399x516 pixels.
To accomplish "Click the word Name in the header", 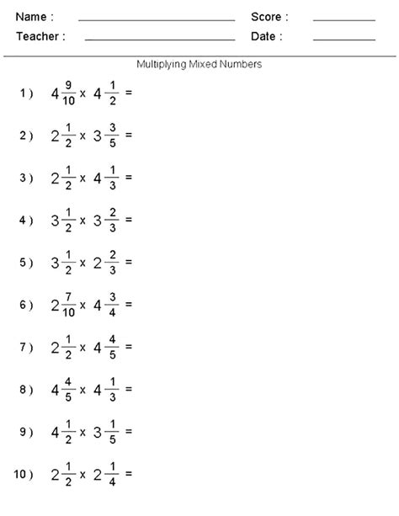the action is (x=30, y=17).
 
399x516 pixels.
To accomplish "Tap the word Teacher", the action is (x=36, y=36).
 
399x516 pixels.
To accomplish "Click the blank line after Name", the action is (x=157, y=19).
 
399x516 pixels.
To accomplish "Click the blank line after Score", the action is (x=343, y=19).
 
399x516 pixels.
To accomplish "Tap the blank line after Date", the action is (x=343, y=39).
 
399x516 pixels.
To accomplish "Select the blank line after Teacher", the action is (x=160, y=39).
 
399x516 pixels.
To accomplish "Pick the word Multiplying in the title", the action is (x=162, y=64).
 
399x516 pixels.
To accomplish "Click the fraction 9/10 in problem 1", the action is (x=67, y=93).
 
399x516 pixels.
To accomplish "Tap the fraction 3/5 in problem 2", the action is (x=113, y=135).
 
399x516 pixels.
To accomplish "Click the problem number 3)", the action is (x=26, y=178).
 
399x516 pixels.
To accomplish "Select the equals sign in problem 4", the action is (x=129, y=220).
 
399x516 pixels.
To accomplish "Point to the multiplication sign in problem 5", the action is (x=82, y=263).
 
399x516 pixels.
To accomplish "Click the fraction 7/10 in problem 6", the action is (x=67, y=305).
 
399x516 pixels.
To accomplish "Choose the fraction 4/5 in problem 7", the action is (x=113, y=347).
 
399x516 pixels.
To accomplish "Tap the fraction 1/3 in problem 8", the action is (x=113, y=390).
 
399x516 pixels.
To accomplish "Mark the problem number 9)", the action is (x=26, y=433).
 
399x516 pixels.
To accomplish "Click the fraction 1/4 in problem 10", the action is (x=113, y=475).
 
